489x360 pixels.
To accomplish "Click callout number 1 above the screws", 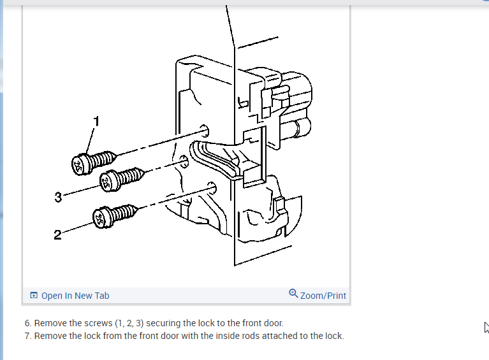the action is (97, 120).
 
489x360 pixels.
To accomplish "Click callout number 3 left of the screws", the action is (58, 198).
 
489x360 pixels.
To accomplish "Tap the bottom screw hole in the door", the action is (212, 188).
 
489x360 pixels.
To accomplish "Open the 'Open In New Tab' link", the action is (75, 296).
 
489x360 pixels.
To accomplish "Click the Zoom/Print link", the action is (323, 296).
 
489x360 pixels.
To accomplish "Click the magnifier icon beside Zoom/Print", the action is (293, 294).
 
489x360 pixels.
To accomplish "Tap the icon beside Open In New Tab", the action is (34, 296).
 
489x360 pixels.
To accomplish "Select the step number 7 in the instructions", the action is (28, 336).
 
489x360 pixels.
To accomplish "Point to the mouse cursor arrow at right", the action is (486, 327).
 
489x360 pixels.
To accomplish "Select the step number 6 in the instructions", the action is (28, 323).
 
